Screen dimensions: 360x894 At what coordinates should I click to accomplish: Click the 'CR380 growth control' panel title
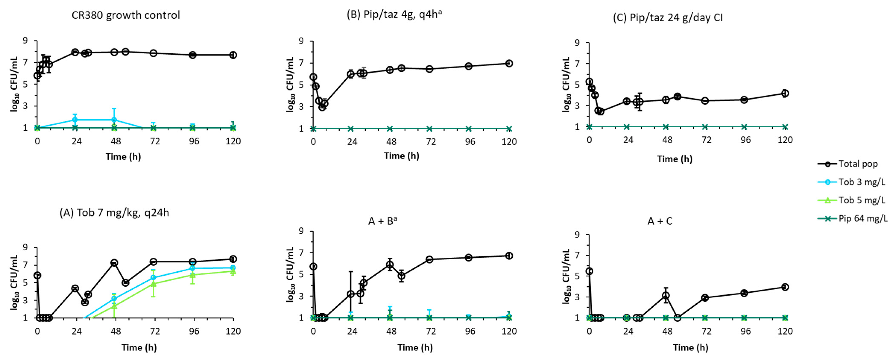click(x=126, y=15)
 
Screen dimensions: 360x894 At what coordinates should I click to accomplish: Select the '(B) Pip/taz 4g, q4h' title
click(x=394, y=15)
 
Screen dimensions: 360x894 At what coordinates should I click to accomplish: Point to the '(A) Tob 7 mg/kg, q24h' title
click(x=114, y=212)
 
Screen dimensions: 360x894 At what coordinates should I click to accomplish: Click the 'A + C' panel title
click(x=660, y=221)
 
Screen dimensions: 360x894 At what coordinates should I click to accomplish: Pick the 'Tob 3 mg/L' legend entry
click(x=861, y=182)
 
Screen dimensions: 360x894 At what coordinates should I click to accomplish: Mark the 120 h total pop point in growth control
click(x=233, y=55)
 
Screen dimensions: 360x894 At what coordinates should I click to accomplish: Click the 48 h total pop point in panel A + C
click(x=666, y=295)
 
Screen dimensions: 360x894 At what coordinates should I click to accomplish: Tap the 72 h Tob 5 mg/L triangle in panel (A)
click(x=153, y=284)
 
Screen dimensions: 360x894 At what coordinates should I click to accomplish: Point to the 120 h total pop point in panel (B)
click(x=509, y=63)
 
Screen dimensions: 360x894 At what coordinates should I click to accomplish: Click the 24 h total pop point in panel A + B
click(x=351, y=294)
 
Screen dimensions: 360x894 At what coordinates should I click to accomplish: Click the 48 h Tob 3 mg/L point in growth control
click(x=114, y=120)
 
